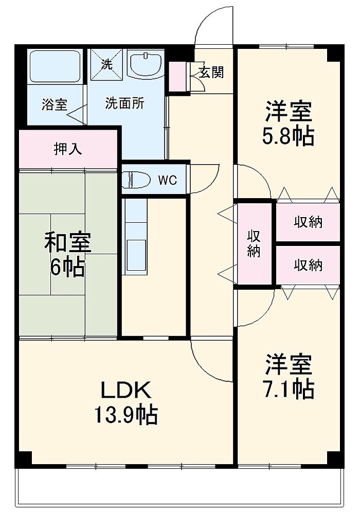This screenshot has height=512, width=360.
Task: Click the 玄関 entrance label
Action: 211,72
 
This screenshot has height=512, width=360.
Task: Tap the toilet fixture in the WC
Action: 136,180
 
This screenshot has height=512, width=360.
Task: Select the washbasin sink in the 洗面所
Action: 146,64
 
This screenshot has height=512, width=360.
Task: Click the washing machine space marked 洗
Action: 106,65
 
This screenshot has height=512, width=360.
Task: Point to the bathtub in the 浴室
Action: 55,66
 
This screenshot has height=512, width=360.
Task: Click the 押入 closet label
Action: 67,149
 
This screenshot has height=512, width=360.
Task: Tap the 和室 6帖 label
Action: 67,254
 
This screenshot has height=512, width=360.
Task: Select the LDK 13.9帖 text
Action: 126,402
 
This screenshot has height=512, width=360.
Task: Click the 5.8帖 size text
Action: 288,136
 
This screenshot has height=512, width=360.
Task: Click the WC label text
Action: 168,180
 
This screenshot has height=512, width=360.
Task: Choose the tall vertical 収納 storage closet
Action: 255,243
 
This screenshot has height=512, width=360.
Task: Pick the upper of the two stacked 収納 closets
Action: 308,222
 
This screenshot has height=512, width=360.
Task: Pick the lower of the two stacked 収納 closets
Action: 308,265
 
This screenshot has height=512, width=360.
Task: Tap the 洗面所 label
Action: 124,103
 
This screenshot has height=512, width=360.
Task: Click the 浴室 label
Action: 55,104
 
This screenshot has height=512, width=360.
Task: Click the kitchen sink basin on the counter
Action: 136,255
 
